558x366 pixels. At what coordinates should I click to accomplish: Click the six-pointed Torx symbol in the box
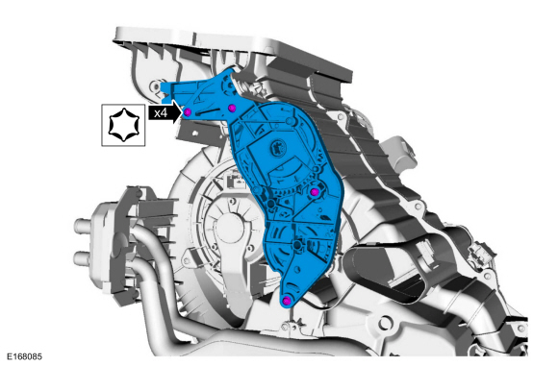click(x=123, y=125)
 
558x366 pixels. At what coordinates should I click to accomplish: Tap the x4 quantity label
click(x=161, y=113)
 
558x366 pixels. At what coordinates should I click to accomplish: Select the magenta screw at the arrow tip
click(x=188, y=112)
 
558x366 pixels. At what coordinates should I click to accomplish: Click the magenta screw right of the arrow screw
click(x=232, y=108)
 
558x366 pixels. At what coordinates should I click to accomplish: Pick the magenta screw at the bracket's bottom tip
click(x=287, y=302)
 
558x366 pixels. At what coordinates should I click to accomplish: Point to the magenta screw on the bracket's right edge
click(x=315, y=192)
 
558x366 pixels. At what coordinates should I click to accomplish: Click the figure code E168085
click(x=25, y=356)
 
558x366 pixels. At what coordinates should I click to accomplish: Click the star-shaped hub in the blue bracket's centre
click(x=276, y=146)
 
